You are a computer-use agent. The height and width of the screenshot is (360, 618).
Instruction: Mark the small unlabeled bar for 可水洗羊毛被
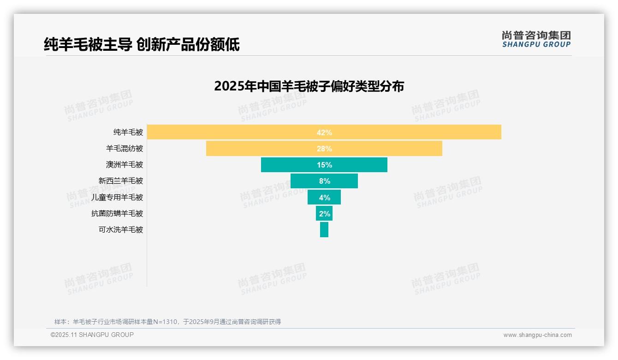(x=324, y=229)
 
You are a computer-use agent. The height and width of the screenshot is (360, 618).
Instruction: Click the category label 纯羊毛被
(x=128, y=132)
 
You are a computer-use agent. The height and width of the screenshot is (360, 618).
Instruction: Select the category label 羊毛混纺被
(x=125, y=149)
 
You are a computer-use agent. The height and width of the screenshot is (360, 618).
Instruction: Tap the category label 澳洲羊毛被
(x=125, y=165)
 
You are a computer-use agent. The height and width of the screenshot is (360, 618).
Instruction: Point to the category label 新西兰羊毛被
(x=121, y=181)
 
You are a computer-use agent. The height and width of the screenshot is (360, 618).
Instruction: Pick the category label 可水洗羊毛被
(x=121, y=229)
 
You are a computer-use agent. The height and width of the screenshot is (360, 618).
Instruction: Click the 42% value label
(x=324, y=132)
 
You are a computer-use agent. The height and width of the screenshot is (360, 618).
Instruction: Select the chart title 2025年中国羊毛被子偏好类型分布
(x=309, y=86)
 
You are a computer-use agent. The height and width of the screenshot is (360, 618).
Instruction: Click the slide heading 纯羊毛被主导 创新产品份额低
(x=142, y=44)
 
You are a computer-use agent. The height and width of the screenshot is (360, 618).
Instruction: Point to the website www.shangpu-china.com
(x=537, y=335)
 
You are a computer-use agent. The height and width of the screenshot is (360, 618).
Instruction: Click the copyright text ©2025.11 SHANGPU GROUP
(x=92, y=335)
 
